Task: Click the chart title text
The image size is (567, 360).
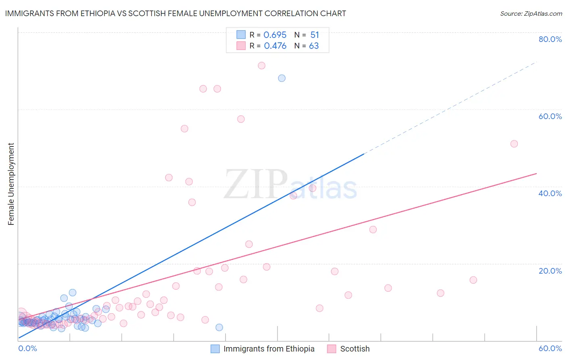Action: click(175, 13)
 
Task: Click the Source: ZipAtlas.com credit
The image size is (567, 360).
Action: click(531, 13)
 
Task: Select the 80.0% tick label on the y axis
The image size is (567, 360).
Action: click(550, 39)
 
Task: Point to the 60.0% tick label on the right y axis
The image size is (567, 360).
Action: click(550, 116)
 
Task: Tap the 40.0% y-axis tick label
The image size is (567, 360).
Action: click(550, 193)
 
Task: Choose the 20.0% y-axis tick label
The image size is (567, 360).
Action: click(550, 270)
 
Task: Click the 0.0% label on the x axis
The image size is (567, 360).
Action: click(27, 348)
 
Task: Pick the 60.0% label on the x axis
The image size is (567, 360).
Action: click(550, 348)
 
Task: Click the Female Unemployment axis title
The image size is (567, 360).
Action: click(11, 184)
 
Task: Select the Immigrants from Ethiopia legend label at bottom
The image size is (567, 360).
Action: click(269, 349)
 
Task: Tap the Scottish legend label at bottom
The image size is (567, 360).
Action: click(354, 349)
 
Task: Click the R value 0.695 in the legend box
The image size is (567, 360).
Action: click(275, 35)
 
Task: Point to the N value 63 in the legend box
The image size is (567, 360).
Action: click(314, 46)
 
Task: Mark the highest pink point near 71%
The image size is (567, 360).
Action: click(261, 65)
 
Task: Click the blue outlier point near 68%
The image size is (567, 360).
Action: click(282, 78)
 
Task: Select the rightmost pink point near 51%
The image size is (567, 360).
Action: click(514, 144)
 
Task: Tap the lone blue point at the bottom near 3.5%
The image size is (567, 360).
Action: click(219, 327)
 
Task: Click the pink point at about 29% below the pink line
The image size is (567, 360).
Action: click(373, 229)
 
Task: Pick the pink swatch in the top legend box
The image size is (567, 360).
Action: click(241, 46)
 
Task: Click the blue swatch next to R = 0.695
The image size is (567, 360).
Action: click(241, 35)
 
